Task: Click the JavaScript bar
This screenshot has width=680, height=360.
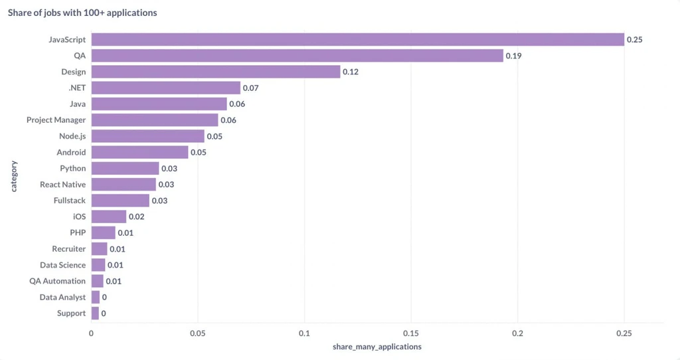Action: (x=358, y=39)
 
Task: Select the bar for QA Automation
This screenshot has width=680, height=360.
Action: (x=98, y=281)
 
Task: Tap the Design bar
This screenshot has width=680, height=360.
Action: (x=216, y=72)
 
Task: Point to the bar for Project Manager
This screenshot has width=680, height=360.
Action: (x=155, y=120)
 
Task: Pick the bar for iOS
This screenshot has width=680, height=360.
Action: (x=109, y=217)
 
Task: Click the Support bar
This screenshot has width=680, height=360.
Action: (x=96, y=313)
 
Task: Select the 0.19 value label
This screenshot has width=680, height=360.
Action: (x=513, y=56)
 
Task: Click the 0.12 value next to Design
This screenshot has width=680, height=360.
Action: (x=351, y=72)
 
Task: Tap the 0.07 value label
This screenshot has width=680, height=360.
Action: (x=250, y=88)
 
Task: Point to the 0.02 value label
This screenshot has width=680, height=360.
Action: (x=137, y=217)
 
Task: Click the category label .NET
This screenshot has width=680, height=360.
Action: (x=77, y=88)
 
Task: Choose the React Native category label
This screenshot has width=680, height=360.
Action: (x=63, y=185)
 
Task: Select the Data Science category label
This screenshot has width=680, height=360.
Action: (x=63, y=265)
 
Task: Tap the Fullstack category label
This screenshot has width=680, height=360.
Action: (x=70, y=201)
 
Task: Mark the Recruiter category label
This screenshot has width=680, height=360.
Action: (x=69, y=249)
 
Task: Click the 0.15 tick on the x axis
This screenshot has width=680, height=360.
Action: (x=410, y=333)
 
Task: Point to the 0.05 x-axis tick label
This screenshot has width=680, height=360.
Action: (x=198, y=333)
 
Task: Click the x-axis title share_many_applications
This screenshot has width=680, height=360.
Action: (x=377, y=347)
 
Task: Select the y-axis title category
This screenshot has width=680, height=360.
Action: (x=14, y=176)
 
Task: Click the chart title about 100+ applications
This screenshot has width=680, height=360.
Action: (x=82, y=13)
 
